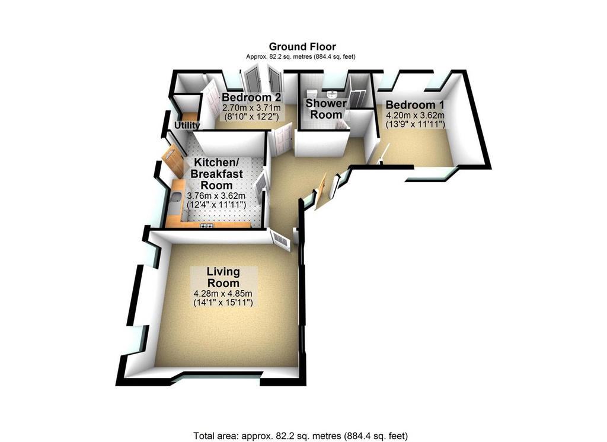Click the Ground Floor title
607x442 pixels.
click(302, 47)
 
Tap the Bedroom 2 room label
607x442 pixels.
click(251, 97)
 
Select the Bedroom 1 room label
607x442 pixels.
click(415, 104)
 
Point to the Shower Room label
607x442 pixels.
click(327, 109)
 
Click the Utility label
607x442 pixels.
click(187, 125)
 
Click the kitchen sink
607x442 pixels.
click(175, 198)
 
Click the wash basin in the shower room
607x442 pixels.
click(331, 94)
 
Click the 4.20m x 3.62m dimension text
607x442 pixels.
click(415, 115)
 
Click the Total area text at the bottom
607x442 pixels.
click(301, 436)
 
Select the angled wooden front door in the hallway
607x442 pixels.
click(321, 191)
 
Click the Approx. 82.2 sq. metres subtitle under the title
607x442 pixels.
click(301, 56)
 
